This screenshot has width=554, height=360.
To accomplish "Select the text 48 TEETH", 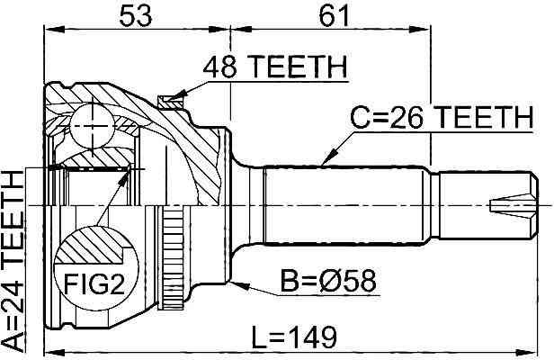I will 275,67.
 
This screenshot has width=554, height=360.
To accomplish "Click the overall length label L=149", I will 293,337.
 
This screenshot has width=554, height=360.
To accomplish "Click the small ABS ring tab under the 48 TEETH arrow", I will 166,102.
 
